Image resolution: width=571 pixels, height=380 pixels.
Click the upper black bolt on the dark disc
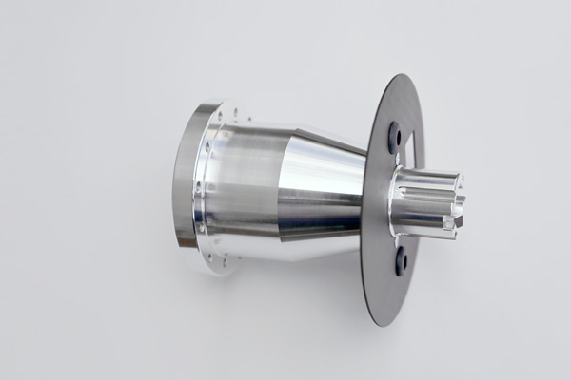395,139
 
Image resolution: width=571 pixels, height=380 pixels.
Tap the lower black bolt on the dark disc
401,258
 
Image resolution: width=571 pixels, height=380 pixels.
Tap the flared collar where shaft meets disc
400,203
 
